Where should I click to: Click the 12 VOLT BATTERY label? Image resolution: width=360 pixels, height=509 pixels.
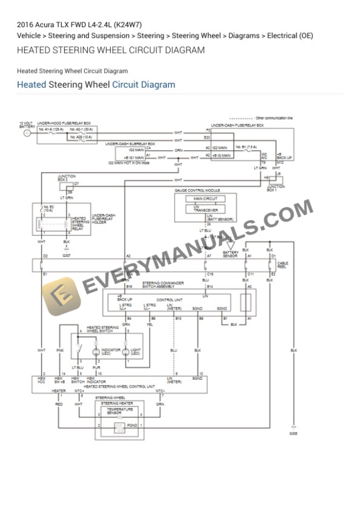[26, 125]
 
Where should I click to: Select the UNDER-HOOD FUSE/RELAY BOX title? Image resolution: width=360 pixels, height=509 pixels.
[58, 123]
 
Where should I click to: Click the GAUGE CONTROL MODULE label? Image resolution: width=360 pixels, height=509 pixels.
[197, 190]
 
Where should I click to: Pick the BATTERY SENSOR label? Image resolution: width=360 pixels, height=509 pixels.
[231, 254]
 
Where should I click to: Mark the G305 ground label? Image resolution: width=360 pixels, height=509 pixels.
[293, 434]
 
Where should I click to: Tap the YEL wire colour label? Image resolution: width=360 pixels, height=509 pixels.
[150, 324]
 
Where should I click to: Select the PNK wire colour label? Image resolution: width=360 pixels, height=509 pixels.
[60, 350]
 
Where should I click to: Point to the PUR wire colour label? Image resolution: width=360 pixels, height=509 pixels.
[96, 368]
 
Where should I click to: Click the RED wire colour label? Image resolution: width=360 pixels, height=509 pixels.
[59, 404]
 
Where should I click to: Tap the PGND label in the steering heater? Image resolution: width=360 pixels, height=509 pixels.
[132, 424]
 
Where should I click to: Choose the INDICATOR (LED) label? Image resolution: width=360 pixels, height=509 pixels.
[111, 351]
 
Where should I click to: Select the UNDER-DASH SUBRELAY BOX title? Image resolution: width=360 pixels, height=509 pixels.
[130, 143]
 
